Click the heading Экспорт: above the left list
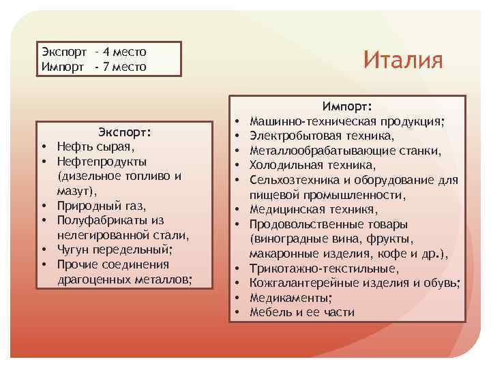point(125,131)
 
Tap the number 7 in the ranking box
point(106,66)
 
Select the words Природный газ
point(102,205)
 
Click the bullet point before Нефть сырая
point(42,147)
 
